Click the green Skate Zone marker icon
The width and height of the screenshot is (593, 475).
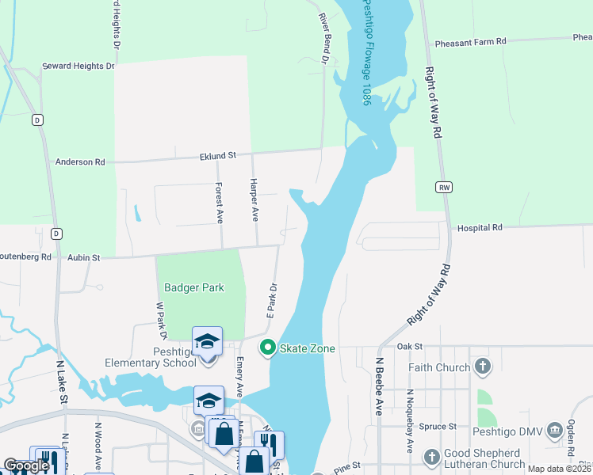(x=268, y=348)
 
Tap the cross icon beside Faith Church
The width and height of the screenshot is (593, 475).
(x=482, y=367)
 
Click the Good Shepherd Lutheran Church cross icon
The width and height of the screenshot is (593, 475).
(x=430, y=458)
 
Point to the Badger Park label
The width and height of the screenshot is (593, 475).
(x=194, y=288)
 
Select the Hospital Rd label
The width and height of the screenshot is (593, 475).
(x=480, y=228)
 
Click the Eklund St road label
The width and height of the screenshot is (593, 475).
(x=217, y=157)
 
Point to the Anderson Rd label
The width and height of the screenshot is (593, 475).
(x=79, y=161)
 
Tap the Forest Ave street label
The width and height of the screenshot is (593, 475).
(x=220, y=203)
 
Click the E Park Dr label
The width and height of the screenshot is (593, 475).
(x=270, y=301)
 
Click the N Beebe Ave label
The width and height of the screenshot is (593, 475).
(x=379, y=385)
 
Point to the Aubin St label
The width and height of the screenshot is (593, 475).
(x=84, y=257)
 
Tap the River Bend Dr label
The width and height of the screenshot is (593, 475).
(x=323, y=37)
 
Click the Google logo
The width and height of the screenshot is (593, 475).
(x=26, y=465)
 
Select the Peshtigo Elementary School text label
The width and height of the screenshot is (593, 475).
(x=151, y=357)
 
